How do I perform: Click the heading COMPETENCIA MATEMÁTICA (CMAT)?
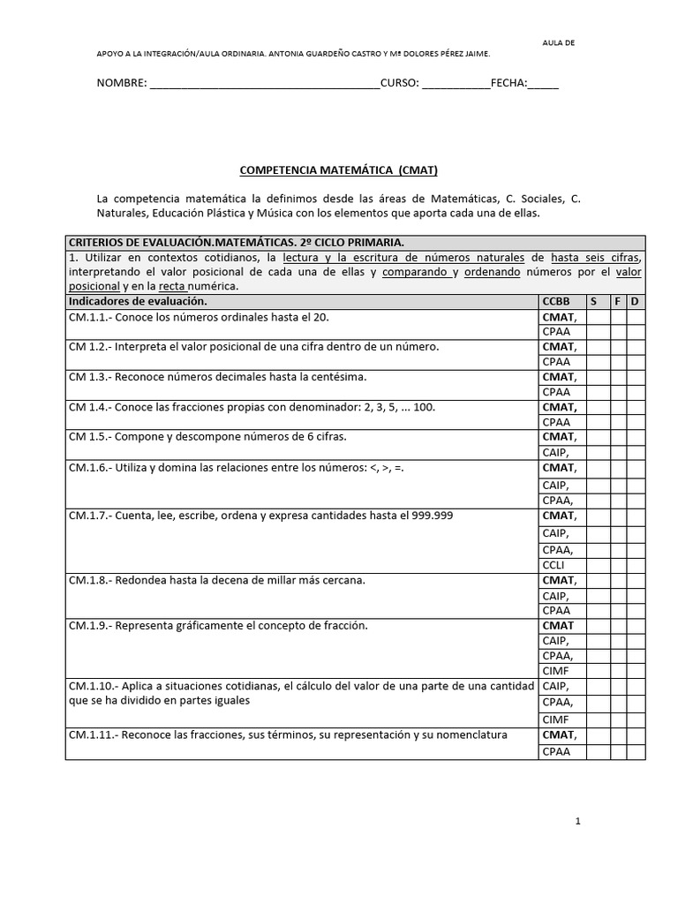click(340, 169)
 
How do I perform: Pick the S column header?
click(594, 301)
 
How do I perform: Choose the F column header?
click(618, 301)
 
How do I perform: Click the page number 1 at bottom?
click(577, 821)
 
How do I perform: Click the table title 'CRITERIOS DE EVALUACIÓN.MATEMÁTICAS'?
click(236, 242)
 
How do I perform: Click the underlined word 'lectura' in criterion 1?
click(301, 257)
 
